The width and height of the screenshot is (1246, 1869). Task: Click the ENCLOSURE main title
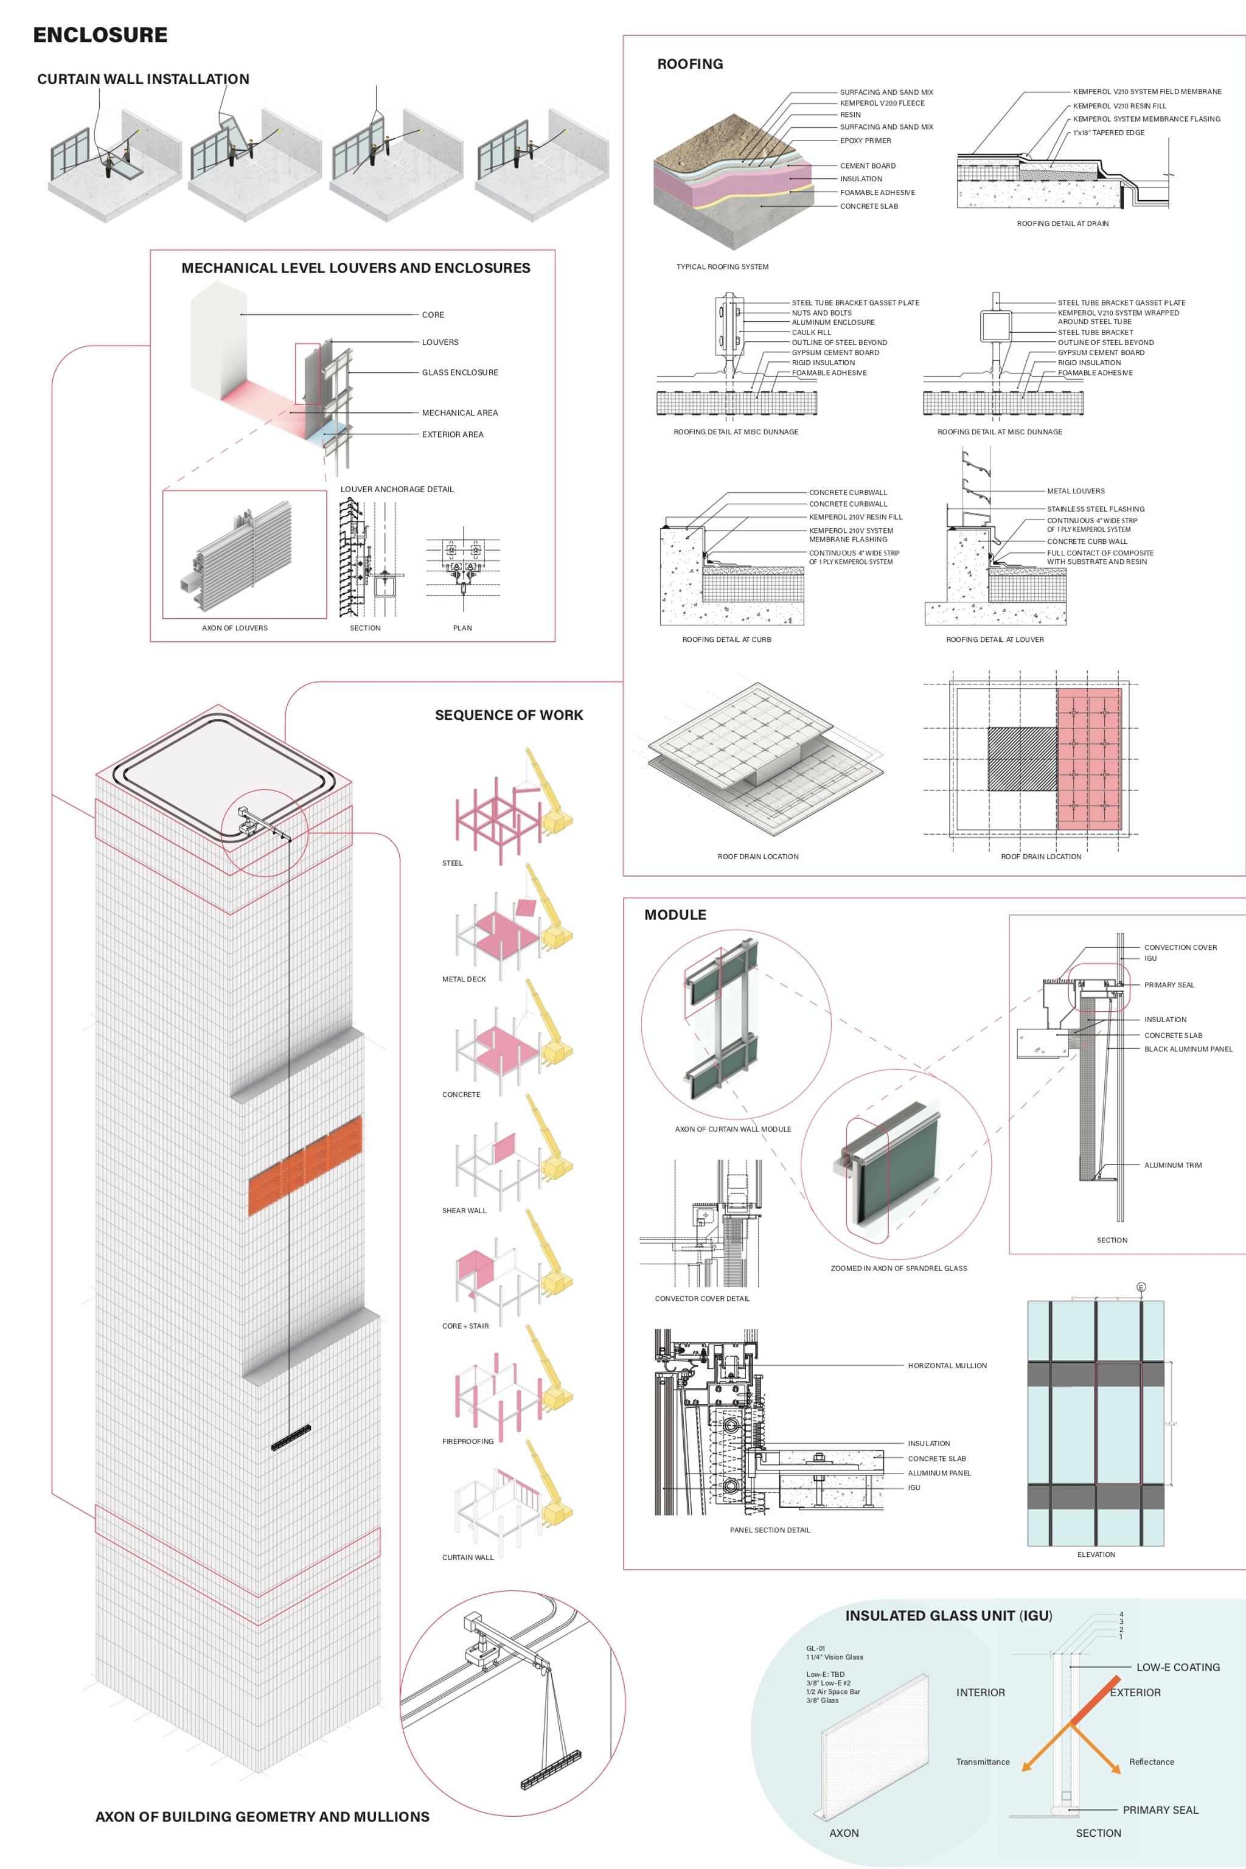(x=100, y=35)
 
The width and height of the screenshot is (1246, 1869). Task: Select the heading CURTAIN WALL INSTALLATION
(x=143, y=78)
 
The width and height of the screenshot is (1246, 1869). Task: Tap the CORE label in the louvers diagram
(x=433, y=315)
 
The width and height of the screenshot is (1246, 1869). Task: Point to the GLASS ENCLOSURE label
(x=460, y=372)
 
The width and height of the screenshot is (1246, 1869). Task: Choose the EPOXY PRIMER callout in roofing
(x=865, y=141)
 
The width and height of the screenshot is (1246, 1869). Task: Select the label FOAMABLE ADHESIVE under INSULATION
(x=877, y=192)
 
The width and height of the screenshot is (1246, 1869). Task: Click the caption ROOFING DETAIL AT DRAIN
(x=1062, y=223)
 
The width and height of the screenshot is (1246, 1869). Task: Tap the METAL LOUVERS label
(x=1075, y=491)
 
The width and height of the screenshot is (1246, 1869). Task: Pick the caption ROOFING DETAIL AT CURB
(x=726, y=639)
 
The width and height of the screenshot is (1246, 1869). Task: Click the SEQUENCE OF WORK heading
(x=509, y=715)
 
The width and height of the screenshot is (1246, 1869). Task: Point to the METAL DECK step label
(x=464, y=979)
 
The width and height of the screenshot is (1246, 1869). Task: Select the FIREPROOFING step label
(x=467, y=1441)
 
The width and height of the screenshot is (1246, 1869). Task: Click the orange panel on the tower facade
(x=305, y=1165)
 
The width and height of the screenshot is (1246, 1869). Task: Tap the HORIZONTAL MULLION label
(x=947, y=1365)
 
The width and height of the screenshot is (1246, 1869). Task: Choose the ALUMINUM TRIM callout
(x=1173, y=1165)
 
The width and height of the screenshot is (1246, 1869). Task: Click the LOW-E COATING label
(x=1178, y=1667)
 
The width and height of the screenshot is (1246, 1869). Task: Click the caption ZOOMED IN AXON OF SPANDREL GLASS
(x=899, y=1269)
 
